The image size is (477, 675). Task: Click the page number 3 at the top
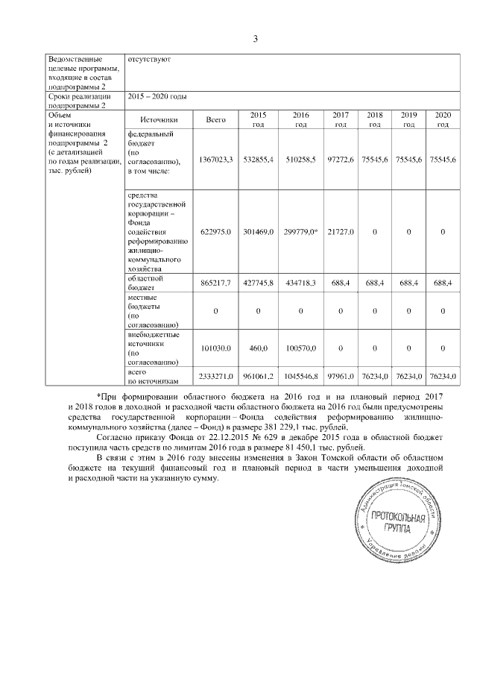point(254,39)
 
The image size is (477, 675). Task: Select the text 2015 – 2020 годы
point(157,97)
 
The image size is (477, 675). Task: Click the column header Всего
point(215,119)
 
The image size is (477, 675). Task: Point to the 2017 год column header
point(341,119)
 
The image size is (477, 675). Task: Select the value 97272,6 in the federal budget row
point(341,160)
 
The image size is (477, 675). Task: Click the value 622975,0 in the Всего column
point(216,232)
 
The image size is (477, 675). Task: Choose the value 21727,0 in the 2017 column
point(341,232)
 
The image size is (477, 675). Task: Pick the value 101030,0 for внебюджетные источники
point(216,348)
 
